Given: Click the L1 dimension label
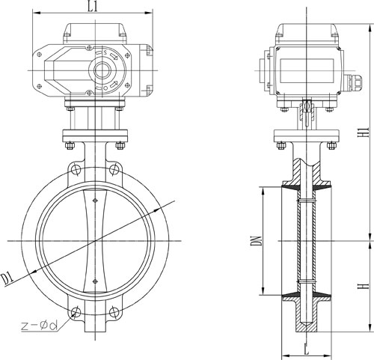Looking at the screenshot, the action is (x=92, y=7).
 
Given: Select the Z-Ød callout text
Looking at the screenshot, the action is (x=40, y=326).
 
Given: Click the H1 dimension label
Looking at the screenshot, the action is (x=364, y=132).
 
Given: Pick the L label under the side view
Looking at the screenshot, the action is (x=307, y=349).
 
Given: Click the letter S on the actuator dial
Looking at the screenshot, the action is (x=105, y=52).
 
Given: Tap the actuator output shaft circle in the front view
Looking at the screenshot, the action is (x=102, y=70).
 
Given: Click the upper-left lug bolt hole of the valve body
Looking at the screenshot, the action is (x=76, y=170).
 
